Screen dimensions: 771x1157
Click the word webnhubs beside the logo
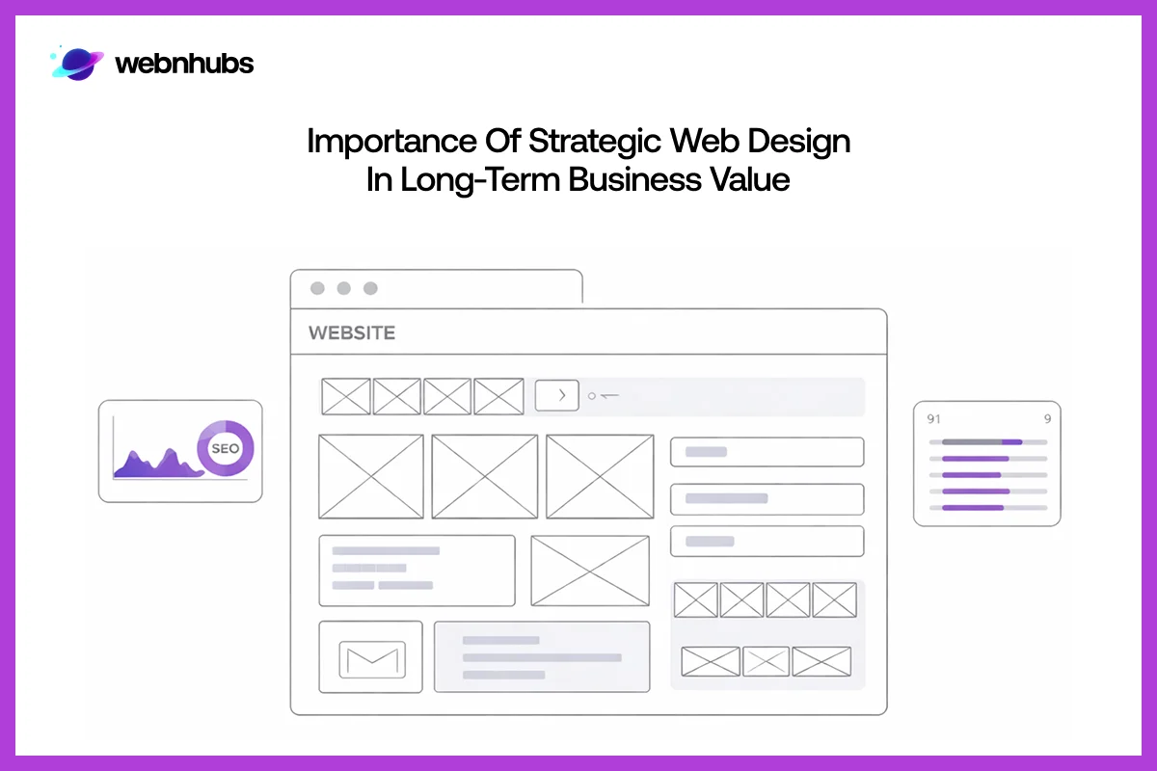pos(184,65)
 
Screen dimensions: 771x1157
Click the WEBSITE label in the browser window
pos(352,333)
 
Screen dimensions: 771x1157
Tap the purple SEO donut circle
pos(225,448)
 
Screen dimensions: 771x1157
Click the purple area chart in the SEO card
pos(154,464)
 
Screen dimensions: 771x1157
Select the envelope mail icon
pos(371,658)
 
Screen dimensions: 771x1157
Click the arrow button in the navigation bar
pos(556,395)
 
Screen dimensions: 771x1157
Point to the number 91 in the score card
pos(933,419)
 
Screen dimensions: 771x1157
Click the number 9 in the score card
pos(1047,419)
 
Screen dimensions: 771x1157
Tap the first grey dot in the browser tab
pos(317,288)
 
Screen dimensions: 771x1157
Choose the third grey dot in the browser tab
pos(370,288)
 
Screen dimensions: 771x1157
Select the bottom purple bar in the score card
pos(973,507)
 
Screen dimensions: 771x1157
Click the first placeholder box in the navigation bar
pos(346,396)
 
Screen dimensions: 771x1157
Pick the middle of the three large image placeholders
pos(484,476)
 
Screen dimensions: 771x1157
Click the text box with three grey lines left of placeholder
pos(417,571)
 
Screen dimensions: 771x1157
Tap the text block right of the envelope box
pos(542,657)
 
